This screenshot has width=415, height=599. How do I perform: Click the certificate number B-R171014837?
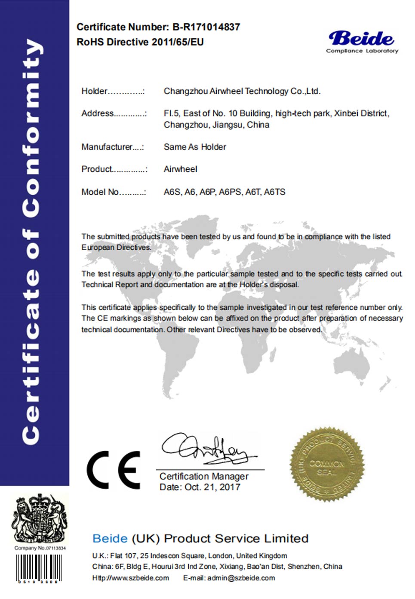(206, 27)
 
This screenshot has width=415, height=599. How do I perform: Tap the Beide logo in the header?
(362, 39)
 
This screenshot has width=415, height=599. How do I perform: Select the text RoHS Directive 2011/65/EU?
(140, 42)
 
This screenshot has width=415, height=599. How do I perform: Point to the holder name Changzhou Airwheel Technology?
(242, 91)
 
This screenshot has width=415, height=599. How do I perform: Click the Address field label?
(98, 113)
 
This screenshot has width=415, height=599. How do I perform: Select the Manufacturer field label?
(107, 147)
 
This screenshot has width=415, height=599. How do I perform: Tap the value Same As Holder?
(195, 147)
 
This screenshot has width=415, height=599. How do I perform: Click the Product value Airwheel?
(180, 169)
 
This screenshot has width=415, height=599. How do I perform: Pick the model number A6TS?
(274, 192)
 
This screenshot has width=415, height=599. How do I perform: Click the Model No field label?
(100, 192)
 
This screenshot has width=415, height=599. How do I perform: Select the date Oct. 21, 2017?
(212, 487)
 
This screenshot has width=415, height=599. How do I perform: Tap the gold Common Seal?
(327, 464)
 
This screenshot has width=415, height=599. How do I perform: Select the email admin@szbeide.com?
(241, 578)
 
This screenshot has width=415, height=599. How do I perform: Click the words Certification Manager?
(204, 476)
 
